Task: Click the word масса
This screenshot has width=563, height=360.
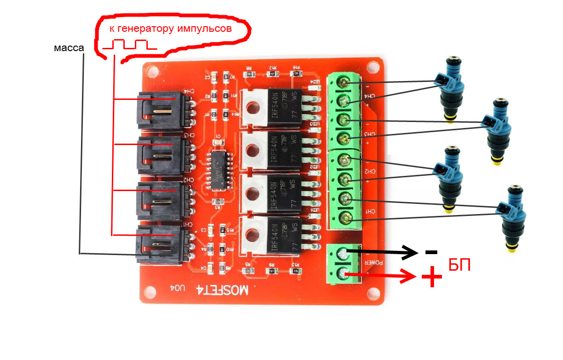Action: pyautogui.click(x=69, y=48)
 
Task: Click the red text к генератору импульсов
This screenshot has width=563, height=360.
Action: pyautogui.click(x=170, y=29)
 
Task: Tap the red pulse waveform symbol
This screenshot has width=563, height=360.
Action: pyautogui.click(x=129, y=45)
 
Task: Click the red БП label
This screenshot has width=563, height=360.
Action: pyautogui.click(x=459, y=266)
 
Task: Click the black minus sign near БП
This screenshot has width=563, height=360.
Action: pyautogui.click(x=431, y=252)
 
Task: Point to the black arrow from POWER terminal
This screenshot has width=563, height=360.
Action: pyautogui.click(x=382, y=251)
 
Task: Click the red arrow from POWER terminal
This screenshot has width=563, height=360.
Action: pyautogui.click(x=382, y=276)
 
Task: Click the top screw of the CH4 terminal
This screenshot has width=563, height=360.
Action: pyautogui.click(x=344, y=83)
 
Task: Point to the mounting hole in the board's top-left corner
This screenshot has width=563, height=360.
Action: pyautogui.click(x=152, y=72)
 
